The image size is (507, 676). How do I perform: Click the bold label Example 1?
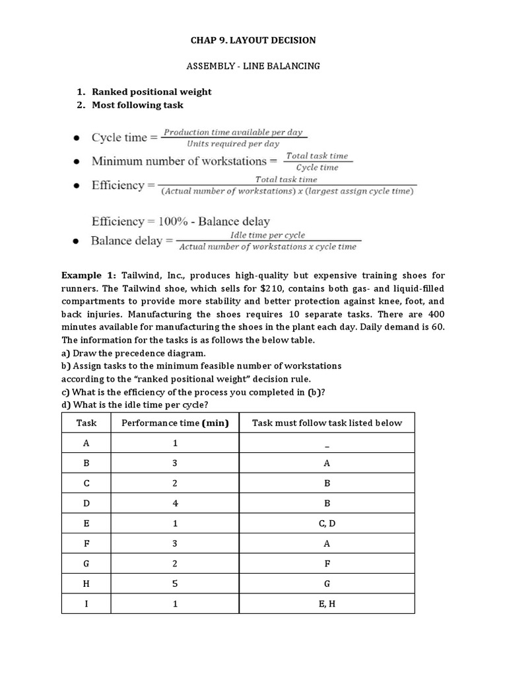tap(88, 274)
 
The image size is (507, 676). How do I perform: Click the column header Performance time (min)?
tap(175, 423)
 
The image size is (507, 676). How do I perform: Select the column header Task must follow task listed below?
tap(327, 423)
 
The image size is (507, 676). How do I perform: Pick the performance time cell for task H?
tap(175, 584)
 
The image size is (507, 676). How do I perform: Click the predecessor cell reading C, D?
tap(327, 524)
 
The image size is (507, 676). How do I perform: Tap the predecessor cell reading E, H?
tap(327, 604)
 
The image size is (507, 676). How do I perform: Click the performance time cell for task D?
tap(175, 504)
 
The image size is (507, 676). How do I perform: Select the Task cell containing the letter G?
tap(86, 564)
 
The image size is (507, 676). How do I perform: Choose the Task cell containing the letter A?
tap(86, 444)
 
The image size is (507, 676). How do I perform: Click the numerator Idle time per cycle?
tap(267, 235)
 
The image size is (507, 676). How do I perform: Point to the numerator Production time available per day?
tap(232, 132)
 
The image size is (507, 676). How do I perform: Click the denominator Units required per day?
tap(232, 143)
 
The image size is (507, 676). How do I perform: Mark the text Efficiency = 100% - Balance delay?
tap(181, 221)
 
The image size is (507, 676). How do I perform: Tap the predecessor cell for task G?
tap(327, 564)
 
